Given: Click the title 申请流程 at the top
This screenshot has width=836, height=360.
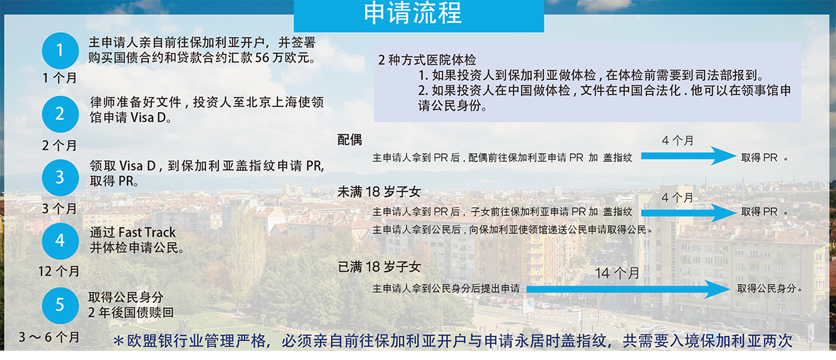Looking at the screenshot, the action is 412,13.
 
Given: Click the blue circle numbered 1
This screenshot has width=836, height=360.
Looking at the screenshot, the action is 60,51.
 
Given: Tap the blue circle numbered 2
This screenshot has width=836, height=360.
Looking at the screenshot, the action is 60,114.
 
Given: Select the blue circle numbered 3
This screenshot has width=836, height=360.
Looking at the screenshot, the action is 60,178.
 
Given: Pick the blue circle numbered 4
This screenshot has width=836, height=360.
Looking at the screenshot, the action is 60,241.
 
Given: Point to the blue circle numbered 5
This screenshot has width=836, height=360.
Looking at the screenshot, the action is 60,306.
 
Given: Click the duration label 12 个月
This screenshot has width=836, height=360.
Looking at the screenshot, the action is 59,271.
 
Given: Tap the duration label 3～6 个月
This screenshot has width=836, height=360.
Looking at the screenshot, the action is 49,337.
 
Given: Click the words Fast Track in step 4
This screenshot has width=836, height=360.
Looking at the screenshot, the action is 147,233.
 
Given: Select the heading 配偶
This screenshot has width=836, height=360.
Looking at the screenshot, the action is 349,140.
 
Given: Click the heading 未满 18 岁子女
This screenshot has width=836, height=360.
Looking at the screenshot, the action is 379,192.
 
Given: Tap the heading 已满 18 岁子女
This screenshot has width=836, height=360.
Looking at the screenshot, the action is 379,267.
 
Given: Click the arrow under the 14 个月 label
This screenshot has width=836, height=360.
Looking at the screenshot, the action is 628,289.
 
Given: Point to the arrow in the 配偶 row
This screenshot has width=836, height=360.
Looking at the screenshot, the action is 688,155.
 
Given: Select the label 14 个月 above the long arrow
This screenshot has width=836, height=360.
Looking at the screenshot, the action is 617,274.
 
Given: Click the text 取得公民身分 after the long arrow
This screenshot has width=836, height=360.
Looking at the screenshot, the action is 766,288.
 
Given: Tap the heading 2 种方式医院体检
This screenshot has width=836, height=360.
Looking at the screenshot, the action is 427,60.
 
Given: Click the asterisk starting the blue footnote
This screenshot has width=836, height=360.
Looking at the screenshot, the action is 118,341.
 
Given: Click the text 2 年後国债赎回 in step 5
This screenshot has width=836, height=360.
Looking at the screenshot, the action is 131,312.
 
